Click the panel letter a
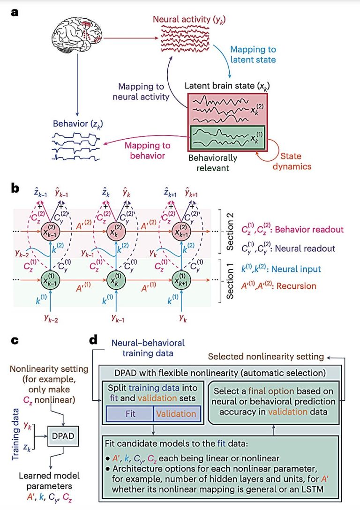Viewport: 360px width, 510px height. point(15,13)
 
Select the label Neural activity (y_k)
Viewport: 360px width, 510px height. point(189,20)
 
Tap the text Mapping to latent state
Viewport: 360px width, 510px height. point(253,55)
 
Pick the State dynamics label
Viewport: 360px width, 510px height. point(292,161)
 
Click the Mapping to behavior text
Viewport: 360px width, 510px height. point(147,150)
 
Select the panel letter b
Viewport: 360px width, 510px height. point(15,189)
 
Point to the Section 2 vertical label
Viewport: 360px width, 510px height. point(230,231)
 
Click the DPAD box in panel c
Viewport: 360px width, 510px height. point(63,436)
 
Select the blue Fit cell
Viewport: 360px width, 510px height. point(130,414)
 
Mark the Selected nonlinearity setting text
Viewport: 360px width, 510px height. point(266,356)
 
